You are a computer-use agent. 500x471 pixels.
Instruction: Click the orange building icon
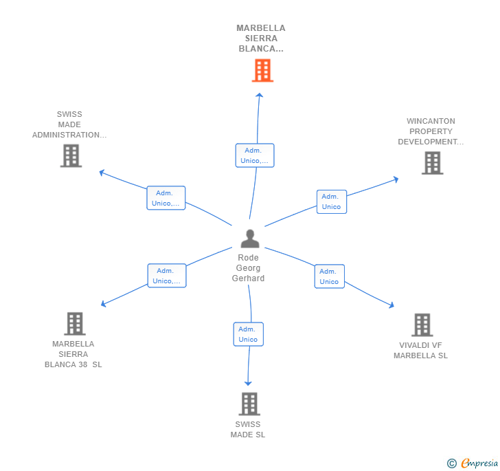[262, 70]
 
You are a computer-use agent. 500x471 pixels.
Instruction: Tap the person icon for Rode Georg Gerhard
[250, 239]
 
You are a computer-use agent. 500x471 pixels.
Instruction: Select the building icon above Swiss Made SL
[249, 404]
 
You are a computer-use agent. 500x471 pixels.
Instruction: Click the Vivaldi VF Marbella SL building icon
[422, 325]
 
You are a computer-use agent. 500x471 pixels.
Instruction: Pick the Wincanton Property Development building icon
[433, 163]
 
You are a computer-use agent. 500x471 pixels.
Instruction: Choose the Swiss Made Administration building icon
[71, 156]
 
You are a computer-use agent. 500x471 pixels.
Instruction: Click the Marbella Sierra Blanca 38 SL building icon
[75, 323]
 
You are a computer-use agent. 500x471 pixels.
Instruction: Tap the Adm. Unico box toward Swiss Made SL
[249, 334]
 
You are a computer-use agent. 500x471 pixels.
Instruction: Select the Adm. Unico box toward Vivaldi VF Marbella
[330, 276]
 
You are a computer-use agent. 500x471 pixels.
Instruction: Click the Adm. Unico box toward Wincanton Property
[332, 202]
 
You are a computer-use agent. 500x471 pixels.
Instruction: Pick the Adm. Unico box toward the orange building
[255, 155]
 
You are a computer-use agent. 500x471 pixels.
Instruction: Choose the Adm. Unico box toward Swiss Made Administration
[166, 198]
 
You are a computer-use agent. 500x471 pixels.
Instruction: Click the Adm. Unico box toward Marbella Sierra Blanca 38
[167, 276]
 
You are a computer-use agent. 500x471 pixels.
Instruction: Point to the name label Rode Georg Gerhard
[248, 268]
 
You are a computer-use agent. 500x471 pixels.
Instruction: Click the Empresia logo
[473, 463]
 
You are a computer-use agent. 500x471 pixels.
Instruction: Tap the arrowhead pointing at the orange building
[260, 95]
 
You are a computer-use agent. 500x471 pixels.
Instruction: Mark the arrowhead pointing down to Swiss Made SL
[248, 383]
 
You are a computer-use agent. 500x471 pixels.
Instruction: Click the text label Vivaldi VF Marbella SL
[420, 350]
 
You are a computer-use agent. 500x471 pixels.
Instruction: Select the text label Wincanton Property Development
[431, 131]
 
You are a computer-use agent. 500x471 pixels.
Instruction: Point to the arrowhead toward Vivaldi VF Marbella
[392, 305]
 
